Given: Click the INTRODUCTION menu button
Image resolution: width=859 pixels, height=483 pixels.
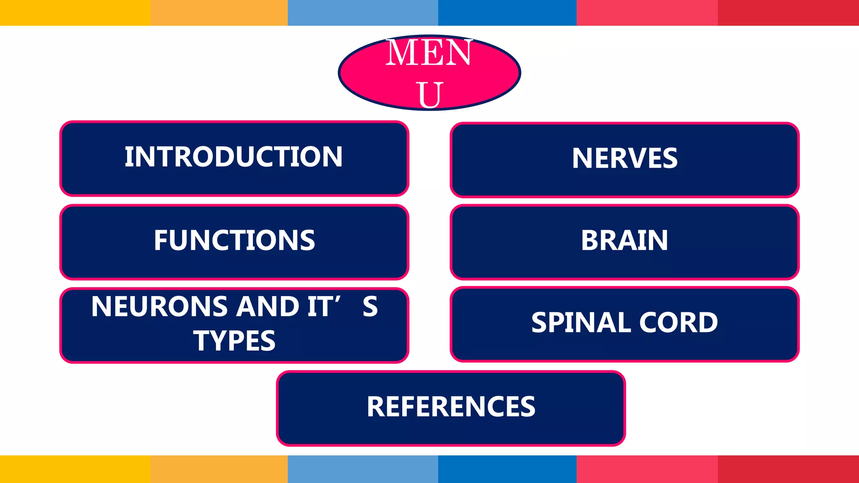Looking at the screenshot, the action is (234, 158).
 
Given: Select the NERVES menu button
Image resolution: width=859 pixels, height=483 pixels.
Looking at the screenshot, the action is (625, 159).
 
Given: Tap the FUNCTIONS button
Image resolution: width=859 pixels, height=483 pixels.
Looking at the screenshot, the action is (234, 241).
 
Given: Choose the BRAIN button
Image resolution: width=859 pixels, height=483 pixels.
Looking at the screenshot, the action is (625, 241).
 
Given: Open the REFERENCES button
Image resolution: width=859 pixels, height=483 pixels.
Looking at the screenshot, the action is (451, 408).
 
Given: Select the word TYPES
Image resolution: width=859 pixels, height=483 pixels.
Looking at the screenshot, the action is (234, 340).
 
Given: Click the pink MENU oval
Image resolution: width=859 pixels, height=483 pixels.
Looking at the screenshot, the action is (429, 73).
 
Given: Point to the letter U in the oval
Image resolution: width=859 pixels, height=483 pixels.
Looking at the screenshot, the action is (429, 95).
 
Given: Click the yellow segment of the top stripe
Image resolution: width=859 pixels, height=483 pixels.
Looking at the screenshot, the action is (75, 13).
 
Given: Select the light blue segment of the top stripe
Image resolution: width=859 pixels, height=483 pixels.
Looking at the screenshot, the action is (363, 13).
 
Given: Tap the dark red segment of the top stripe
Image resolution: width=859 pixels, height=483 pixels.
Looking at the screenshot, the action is (788, 13).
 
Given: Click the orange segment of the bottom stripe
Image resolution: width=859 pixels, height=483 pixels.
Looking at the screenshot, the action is (219, 469).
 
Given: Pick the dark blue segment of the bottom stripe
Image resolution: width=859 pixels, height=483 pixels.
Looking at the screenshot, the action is (507, 469).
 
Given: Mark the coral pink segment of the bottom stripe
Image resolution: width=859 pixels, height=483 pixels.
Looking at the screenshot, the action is (647, 469).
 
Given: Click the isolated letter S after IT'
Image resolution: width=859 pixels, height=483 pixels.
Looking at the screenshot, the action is (370, 306).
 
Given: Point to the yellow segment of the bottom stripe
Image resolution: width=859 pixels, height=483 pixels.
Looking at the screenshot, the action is (75, 469).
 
